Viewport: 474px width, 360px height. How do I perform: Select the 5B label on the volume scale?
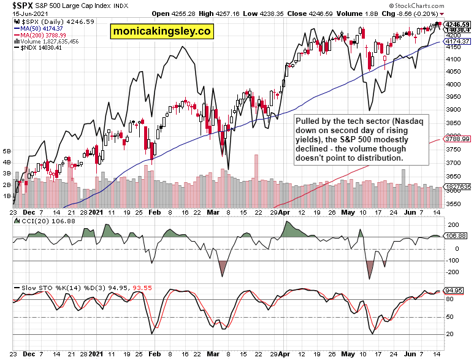[x=7, y=150]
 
